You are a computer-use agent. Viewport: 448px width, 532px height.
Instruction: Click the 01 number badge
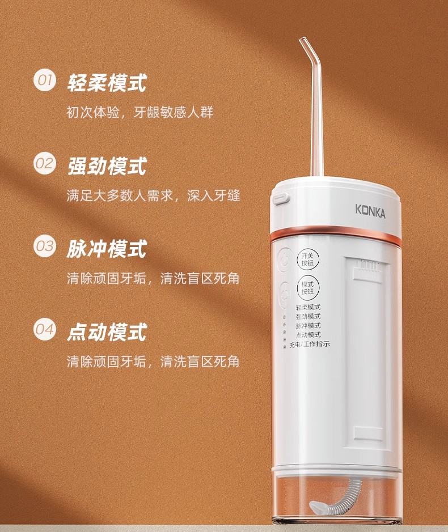click(44, 81)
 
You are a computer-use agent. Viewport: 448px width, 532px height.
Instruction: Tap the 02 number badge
click(44, 164)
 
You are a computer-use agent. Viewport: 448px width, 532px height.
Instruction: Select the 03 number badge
click(44, 246)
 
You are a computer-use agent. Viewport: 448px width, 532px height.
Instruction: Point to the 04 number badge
click(44, 329)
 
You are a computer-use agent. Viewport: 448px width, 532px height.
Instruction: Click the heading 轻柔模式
click(107, 83)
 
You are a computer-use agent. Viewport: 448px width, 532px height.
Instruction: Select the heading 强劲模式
click(107, 165)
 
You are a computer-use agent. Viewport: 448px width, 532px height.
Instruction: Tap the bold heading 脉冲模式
click(107, 249)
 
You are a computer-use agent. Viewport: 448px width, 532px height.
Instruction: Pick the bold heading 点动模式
click(107, 332)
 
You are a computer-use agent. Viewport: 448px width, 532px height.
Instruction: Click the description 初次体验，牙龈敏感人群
click(140, 112)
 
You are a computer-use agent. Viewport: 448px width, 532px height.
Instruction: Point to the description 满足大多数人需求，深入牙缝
click(153, 196)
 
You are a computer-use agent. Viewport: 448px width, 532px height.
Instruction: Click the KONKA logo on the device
click(370, 211)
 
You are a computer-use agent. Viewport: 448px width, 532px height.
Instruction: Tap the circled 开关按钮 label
click(308, 259)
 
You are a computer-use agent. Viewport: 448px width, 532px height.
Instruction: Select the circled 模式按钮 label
click(308, 288)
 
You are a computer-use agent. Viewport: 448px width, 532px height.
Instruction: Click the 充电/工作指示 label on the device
click(310, 344)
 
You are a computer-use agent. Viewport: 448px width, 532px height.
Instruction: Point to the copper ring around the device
click(336, 233)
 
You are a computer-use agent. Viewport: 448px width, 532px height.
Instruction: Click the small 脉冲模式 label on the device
click(308, 326)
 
